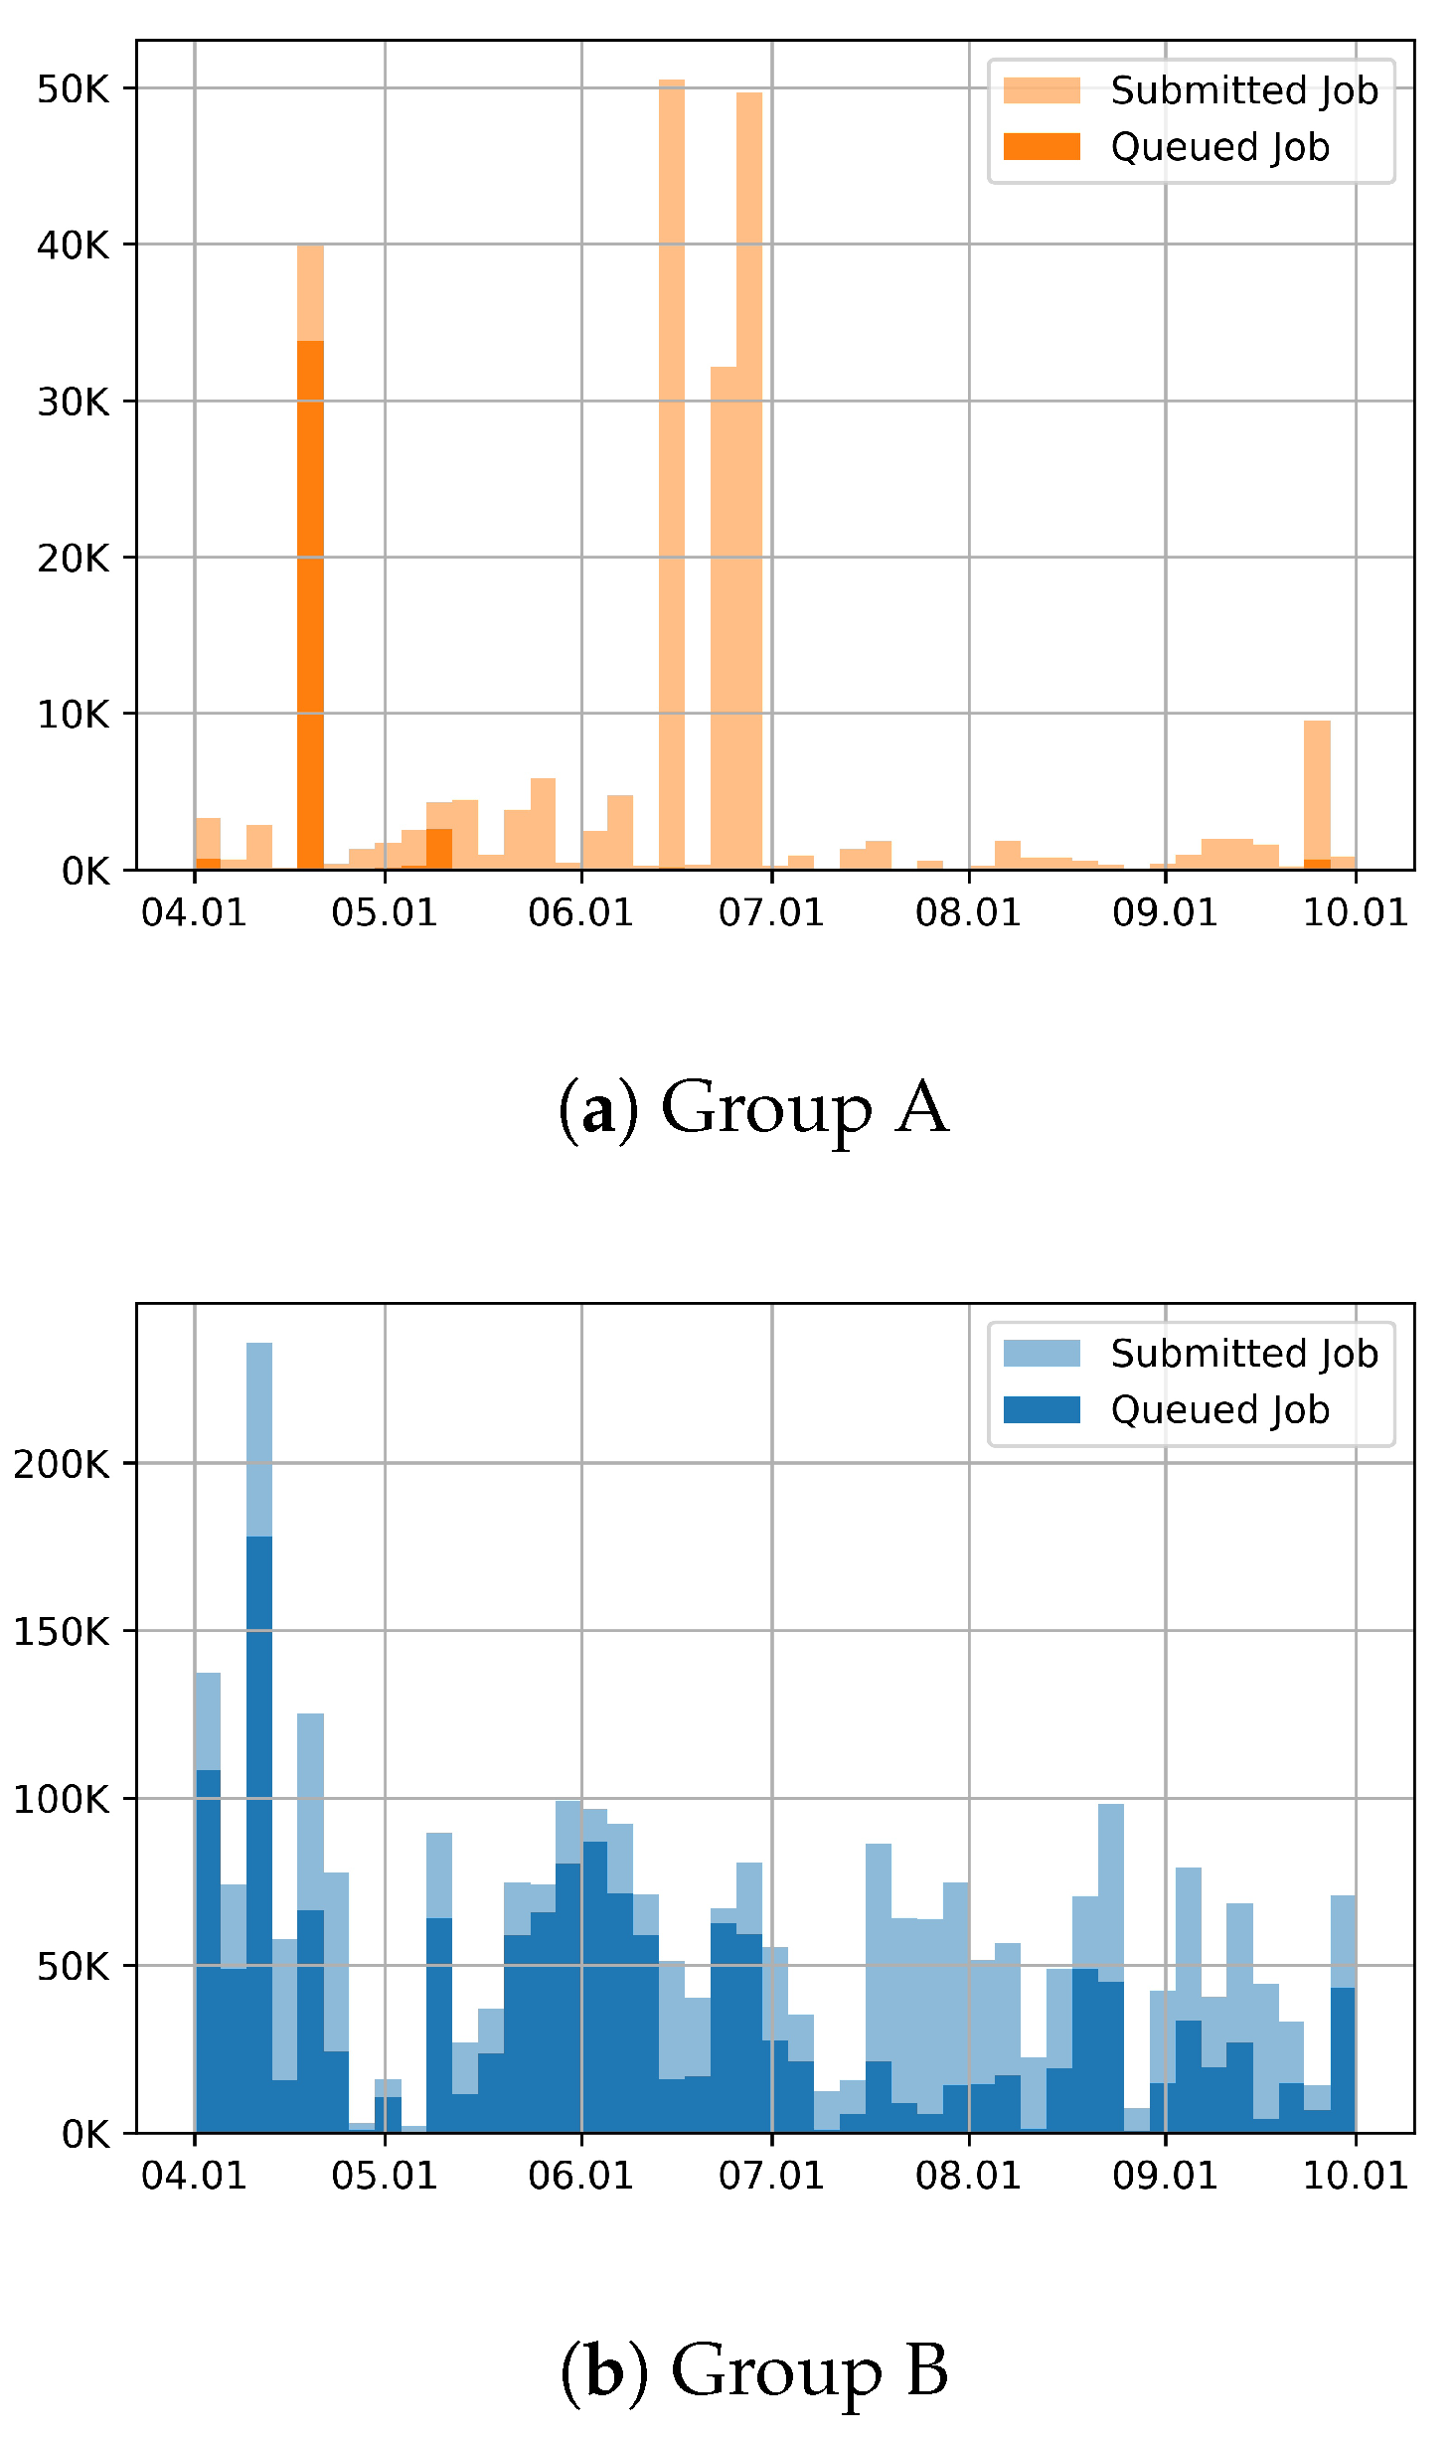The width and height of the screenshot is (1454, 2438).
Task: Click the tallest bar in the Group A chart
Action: click(671, 477)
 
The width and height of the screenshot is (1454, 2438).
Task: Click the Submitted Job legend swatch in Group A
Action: click(1041, 90)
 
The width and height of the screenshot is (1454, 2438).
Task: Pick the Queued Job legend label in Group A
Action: click(1219, 147)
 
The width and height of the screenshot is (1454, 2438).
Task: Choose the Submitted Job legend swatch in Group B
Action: click(1041, 1354)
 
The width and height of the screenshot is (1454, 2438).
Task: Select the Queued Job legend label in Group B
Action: click(1219, 1410)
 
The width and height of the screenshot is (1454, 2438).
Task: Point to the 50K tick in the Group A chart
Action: click(73, 89)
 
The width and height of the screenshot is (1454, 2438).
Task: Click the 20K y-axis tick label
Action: click(73, 559)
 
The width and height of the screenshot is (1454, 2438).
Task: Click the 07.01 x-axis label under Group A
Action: click(771, 912)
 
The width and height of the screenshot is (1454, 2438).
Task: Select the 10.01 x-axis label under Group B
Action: click(1356, 2176)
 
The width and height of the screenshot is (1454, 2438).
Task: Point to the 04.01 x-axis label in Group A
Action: click(194, 912)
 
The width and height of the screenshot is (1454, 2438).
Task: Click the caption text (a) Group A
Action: click(752, 1108)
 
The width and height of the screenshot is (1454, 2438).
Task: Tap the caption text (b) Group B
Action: click(752, 2370)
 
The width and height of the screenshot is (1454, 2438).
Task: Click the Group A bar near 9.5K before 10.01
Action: click(1317, 795)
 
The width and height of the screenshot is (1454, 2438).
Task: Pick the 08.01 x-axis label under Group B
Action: click(968, 2176)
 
